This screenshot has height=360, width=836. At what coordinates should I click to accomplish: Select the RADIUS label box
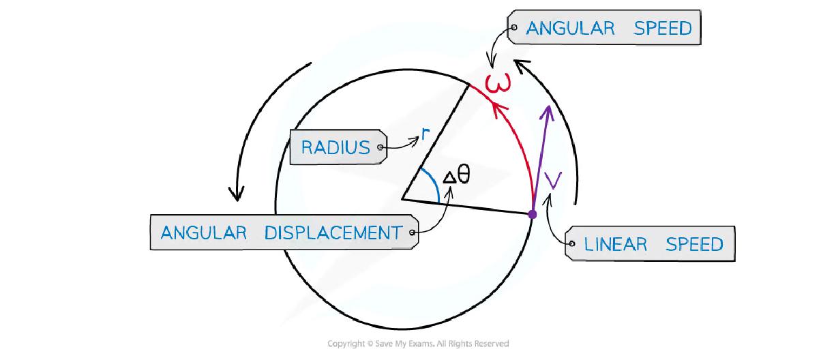(335, 147)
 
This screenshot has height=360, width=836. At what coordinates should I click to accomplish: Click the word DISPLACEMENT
(333, 232)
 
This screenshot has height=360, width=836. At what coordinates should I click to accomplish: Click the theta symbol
(464, 175)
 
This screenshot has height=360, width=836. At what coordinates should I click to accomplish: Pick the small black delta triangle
(449, 178)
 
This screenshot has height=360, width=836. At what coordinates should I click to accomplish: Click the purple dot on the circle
(533, 214)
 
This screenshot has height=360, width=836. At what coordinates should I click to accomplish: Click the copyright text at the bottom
(418, 344)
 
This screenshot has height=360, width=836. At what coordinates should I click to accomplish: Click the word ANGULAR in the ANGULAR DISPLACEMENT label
(203, 232)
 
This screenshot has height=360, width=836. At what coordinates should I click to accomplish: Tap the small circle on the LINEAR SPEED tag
(571, 243)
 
